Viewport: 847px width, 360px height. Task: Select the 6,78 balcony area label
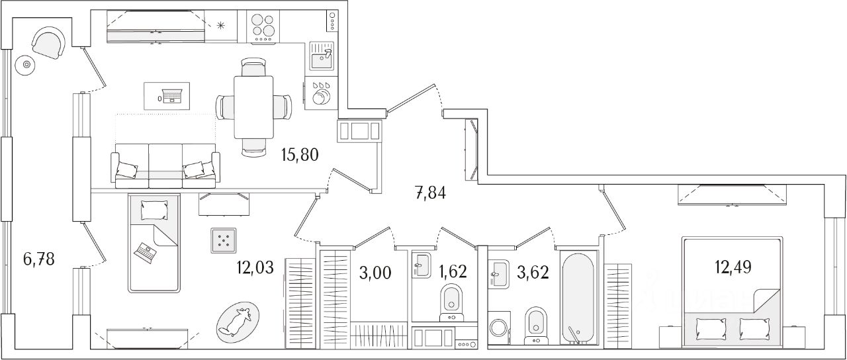(x=39, y=258)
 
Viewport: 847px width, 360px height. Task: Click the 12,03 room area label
(x=255, y=269)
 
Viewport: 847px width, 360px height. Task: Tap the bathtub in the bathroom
(x=578, y=296)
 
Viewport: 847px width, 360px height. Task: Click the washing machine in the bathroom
(x=499, y=329)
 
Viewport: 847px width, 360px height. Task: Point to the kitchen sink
(x=322, y=58)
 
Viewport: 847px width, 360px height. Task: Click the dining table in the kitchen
(x=253, y=107)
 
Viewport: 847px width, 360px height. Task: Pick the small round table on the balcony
(x=27, y=65)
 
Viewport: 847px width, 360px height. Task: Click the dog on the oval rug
(x=237, y=322)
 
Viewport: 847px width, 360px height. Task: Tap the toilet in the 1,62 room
(x=451, y=299)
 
